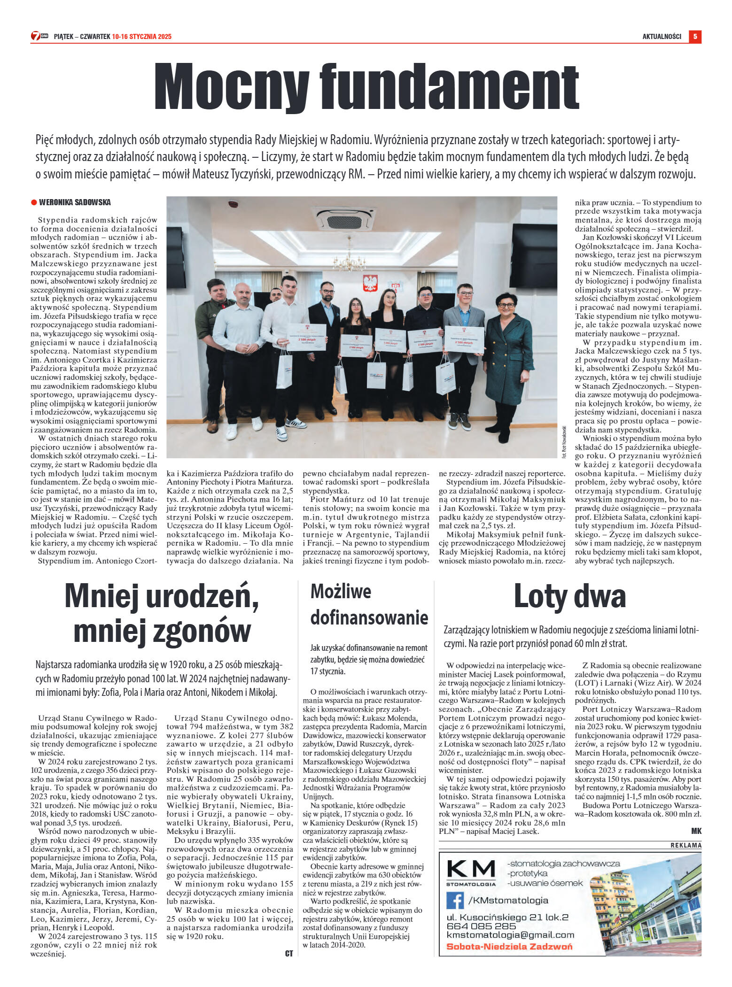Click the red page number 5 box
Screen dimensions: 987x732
point(695,36)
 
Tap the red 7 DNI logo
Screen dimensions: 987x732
point(39,36)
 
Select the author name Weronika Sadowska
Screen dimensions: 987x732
point(75,202)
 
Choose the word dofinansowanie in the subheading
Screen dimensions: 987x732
point(369,617)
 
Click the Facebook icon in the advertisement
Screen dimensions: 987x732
point(455,900)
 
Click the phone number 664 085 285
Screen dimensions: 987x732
point(481,926)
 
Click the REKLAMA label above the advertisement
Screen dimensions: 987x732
point(686,845)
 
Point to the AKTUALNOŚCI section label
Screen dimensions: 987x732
point(662,37)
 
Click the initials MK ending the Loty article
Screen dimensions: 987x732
point(696,831)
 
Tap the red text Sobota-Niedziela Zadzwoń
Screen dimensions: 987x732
point(509,946)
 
